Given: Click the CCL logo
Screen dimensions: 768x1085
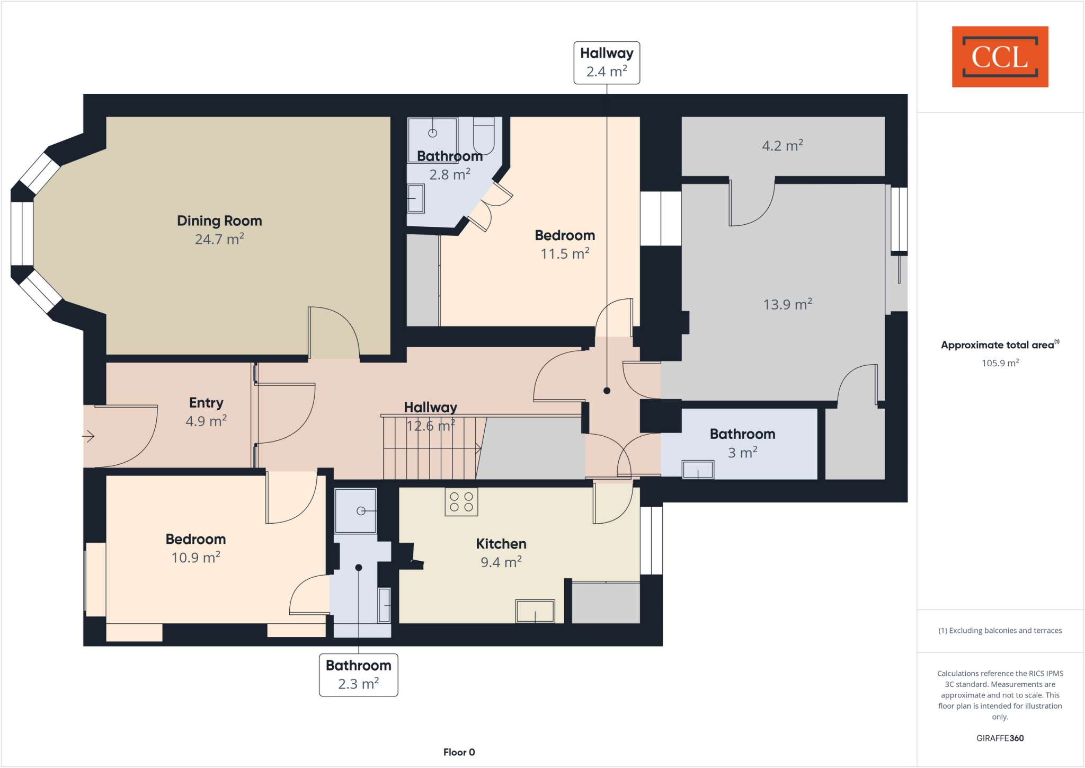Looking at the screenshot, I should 1000,57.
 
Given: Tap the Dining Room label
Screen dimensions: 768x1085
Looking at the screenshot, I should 219,220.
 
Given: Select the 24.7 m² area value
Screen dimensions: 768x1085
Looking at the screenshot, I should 219,239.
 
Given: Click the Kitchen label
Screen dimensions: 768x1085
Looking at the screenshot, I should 501,544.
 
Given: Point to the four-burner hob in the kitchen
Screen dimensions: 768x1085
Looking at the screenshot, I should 461,501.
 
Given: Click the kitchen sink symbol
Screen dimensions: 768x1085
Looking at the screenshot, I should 535,611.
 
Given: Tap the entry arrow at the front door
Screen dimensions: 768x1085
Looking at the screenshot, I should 88,436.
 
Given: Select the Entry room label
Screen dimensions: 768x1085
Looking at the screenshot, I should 206,403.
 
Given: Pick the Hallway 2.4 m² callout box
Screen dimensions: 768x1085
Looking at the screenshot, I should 607,63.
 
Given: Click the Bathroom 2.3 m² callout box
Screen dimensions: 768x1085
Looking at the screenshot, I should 359,674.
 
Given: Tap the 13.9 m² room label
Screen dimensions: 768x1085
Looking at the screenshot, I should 787,304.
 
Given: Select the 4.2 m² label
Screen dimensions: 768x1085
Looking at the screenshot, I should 782,145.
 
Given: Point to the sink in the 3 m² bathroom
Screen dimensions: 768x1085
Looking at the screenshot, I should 698,470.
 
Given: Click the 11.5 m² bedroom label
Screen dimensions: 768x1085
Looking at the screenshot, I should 565,253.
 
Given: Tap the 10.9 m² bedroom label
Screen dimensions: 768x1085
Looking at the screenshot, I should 195,557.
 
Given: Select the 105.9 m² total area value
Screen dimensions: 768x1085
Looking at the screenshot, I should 1000,363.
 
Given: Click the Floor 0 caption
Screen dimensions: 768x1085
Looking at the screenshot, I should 459,752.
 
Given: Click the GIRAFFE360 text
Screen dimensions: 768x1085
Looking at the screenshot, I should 1000,738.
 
